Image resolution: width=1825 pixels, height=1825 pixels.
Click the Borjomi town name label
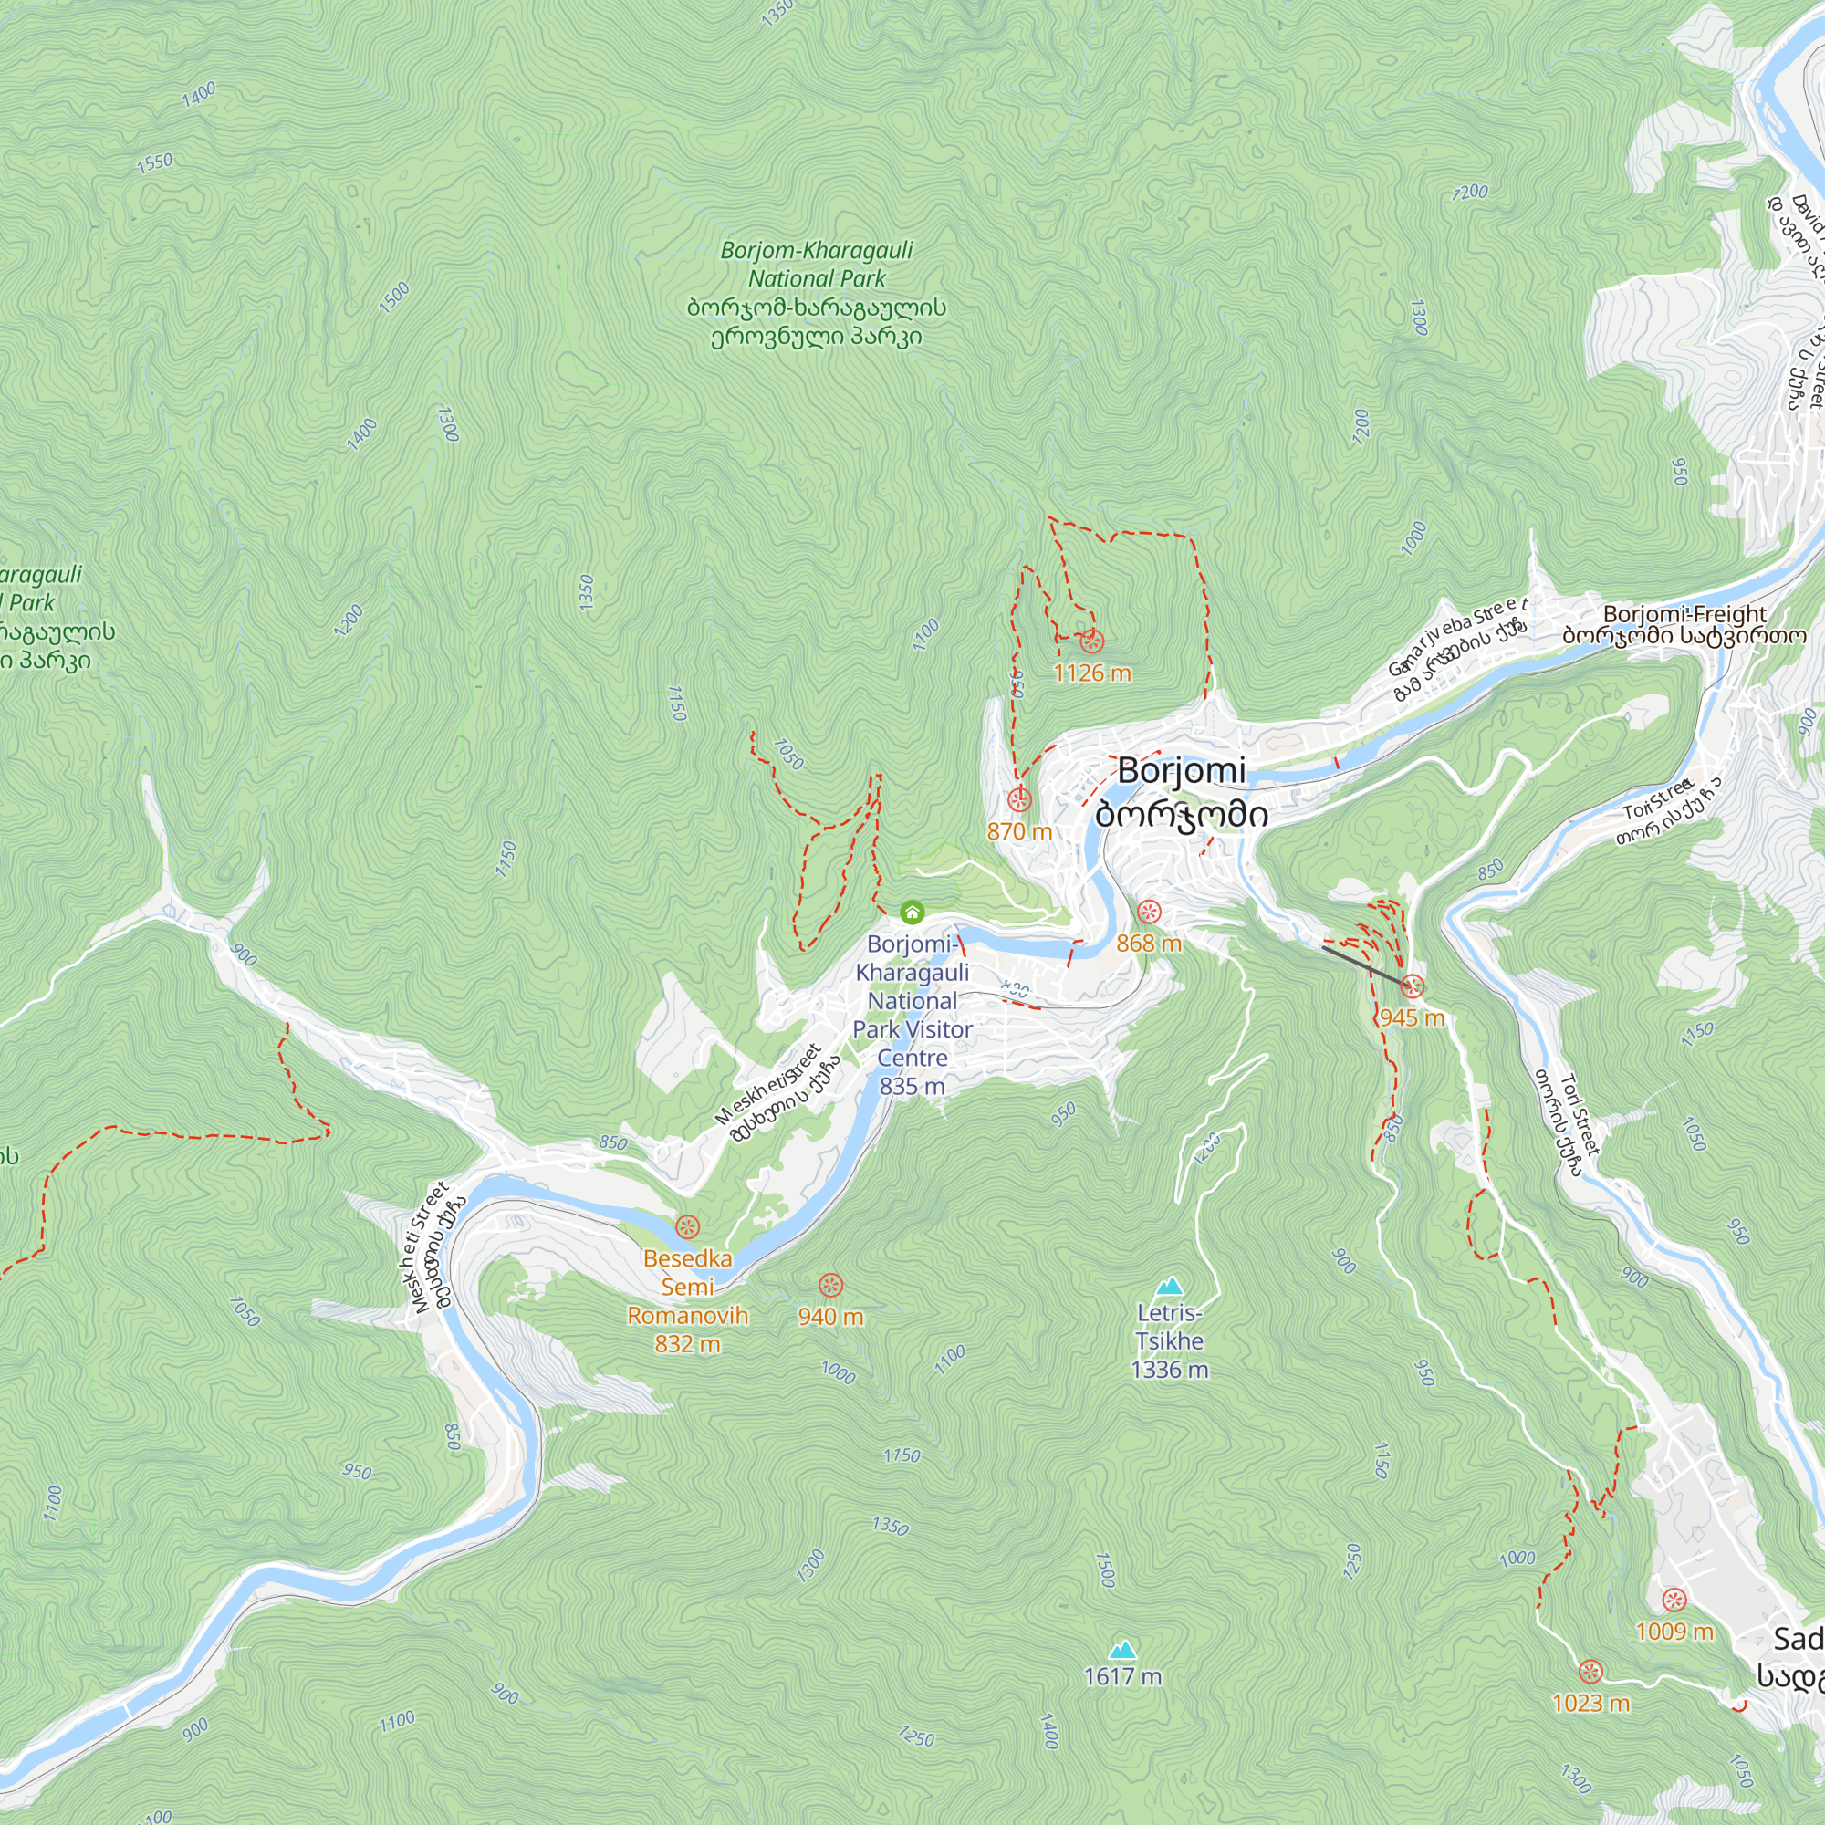point(1182,772)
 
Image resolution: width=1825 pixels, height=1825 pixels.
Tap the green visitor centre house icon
point(912,912)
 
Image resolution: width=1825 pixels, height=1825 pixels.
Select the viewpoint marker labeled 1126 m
point(1091,641)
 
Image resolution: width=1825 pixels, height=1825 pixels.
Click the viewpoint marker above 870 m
point(1018,800)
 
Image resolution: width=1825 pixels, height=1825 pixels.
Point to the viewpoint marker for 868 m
point(1149,912)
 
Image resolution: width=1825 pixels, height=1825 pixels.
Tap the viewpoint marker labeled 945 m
point(1413,987)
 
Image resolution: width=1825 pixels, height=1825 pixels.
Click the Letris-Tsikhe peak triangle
point(1170,1286)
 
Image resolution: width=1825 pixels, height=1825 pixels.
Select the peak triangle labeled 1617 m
point(1122,1649)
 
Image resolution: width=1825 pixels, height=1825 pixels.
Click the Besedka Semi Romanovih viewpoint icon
point(688,1227)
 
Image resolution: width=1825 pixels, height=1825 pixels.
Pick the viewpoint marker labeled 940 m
point(830,1285)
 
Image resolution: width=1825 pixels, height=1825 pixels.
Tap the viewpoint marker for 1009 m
point(1674,1601)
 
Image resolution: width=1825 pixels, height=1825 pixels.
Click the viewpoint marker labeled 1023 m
point(1590,1671)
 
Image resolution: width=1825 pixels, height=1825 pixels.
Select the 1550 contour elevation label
point(155,162)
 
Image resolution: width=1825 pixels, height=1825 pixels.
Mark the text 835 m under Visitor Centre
point(912,1086)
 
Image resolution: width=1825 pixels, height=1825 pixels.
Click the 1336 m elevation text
point(1170,1369)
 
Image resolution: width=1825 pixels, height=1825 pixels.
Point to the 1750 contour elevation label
point(902,1455)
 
